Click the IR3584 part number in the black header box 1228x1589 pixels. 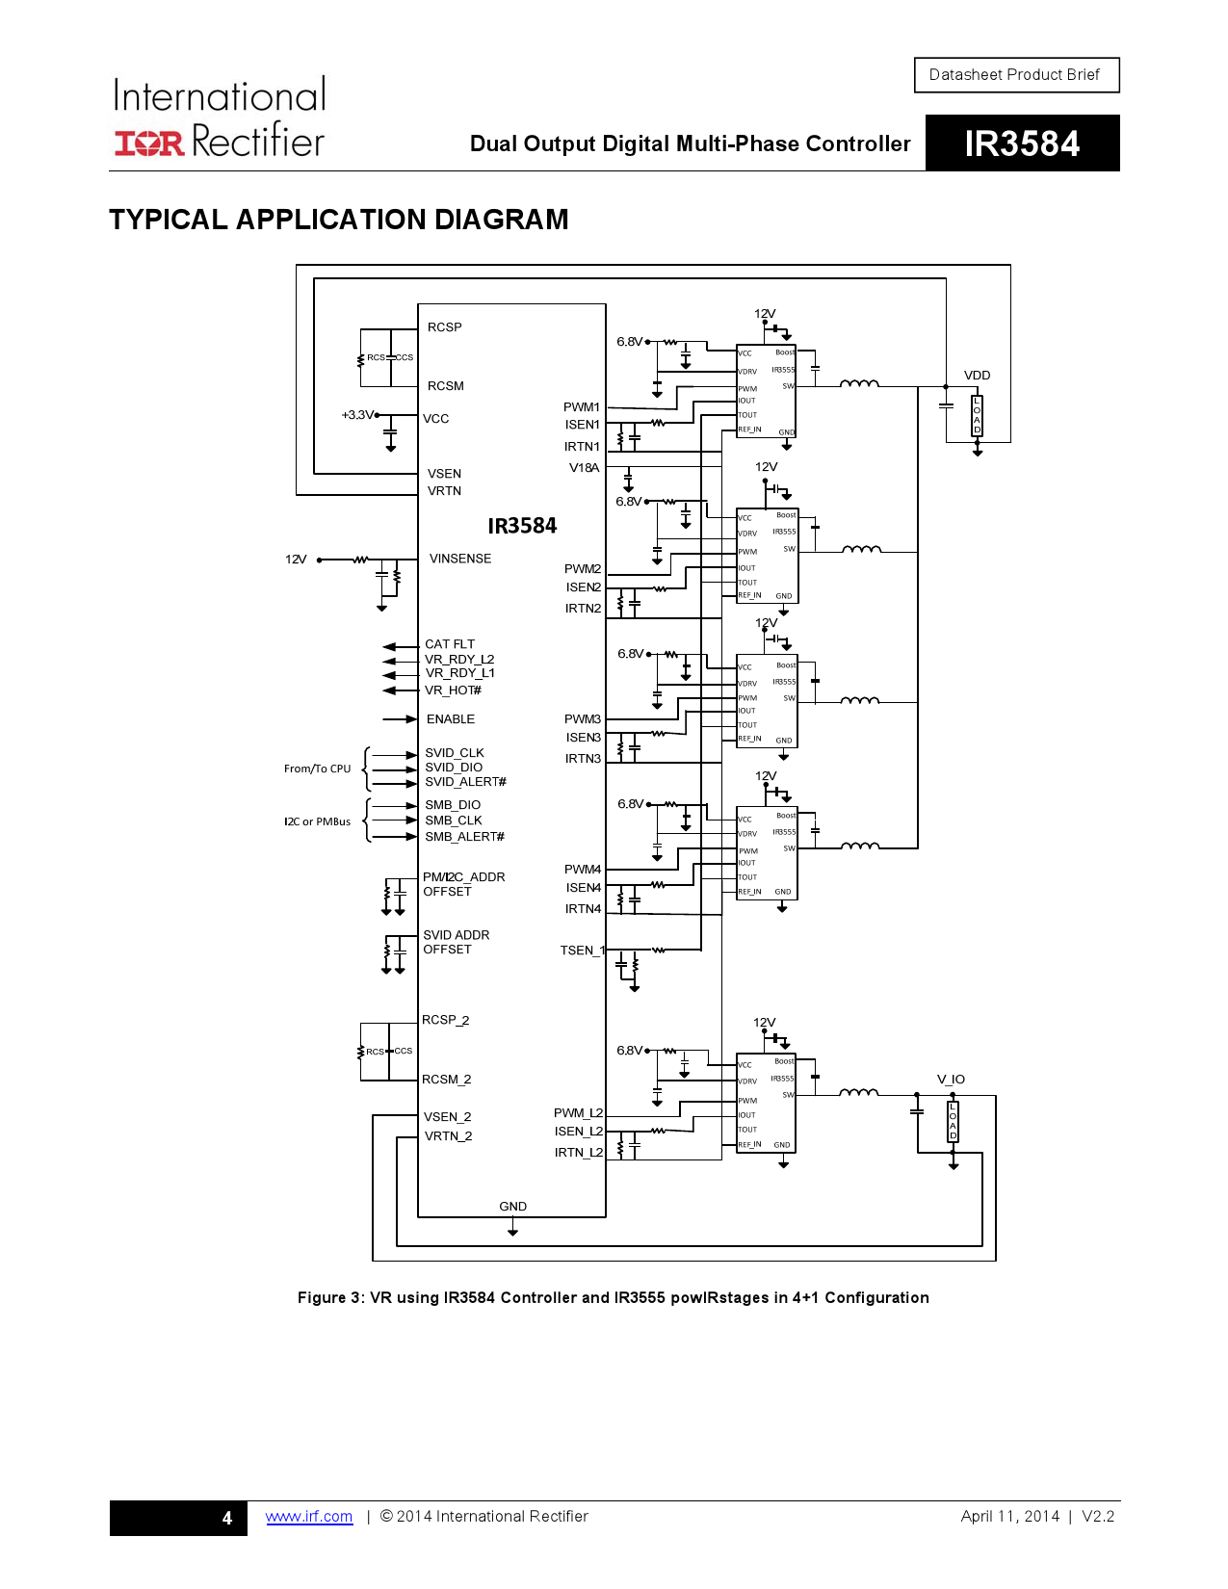coord(1022,143)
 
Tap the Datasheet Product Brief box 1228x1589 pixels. coord(1015,75)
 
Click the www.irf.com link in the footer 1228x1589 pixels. coord(309,1517)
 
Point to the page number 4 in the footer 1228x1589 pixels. coord(227,1518)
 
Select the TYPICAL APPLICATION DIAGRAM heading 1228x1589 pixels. coord(339,220)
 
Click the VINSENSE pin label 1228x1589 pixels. coord(460,559)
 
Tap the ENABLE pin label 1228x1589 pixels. coord(451,719)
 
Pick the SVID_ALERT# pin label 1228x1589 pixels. coord(465,782)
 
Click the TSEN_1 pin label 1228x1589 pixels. coord(582,951)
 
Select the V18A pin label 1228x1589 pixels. coord(584,468)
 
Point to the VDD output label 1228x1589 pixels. coord(977,376)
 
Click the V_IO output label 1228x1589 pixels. coord(951,1080)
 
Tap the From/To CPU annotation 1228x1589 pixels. coord(317,768)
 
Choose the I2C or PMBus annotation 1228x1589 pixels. coord(317,821)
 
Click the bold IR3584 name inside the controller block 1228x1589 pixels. coord(522,526)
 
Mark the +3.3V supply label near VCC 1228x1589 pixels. coord(357,415)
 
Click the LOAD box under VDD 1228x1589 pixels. coord(977,415)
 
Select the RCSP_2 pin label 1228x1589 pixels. coord(445,1020)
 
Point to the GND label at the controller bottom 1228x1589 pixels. coord(512,1207)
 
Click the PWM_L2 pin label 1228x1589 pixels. coord(578,1113)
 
